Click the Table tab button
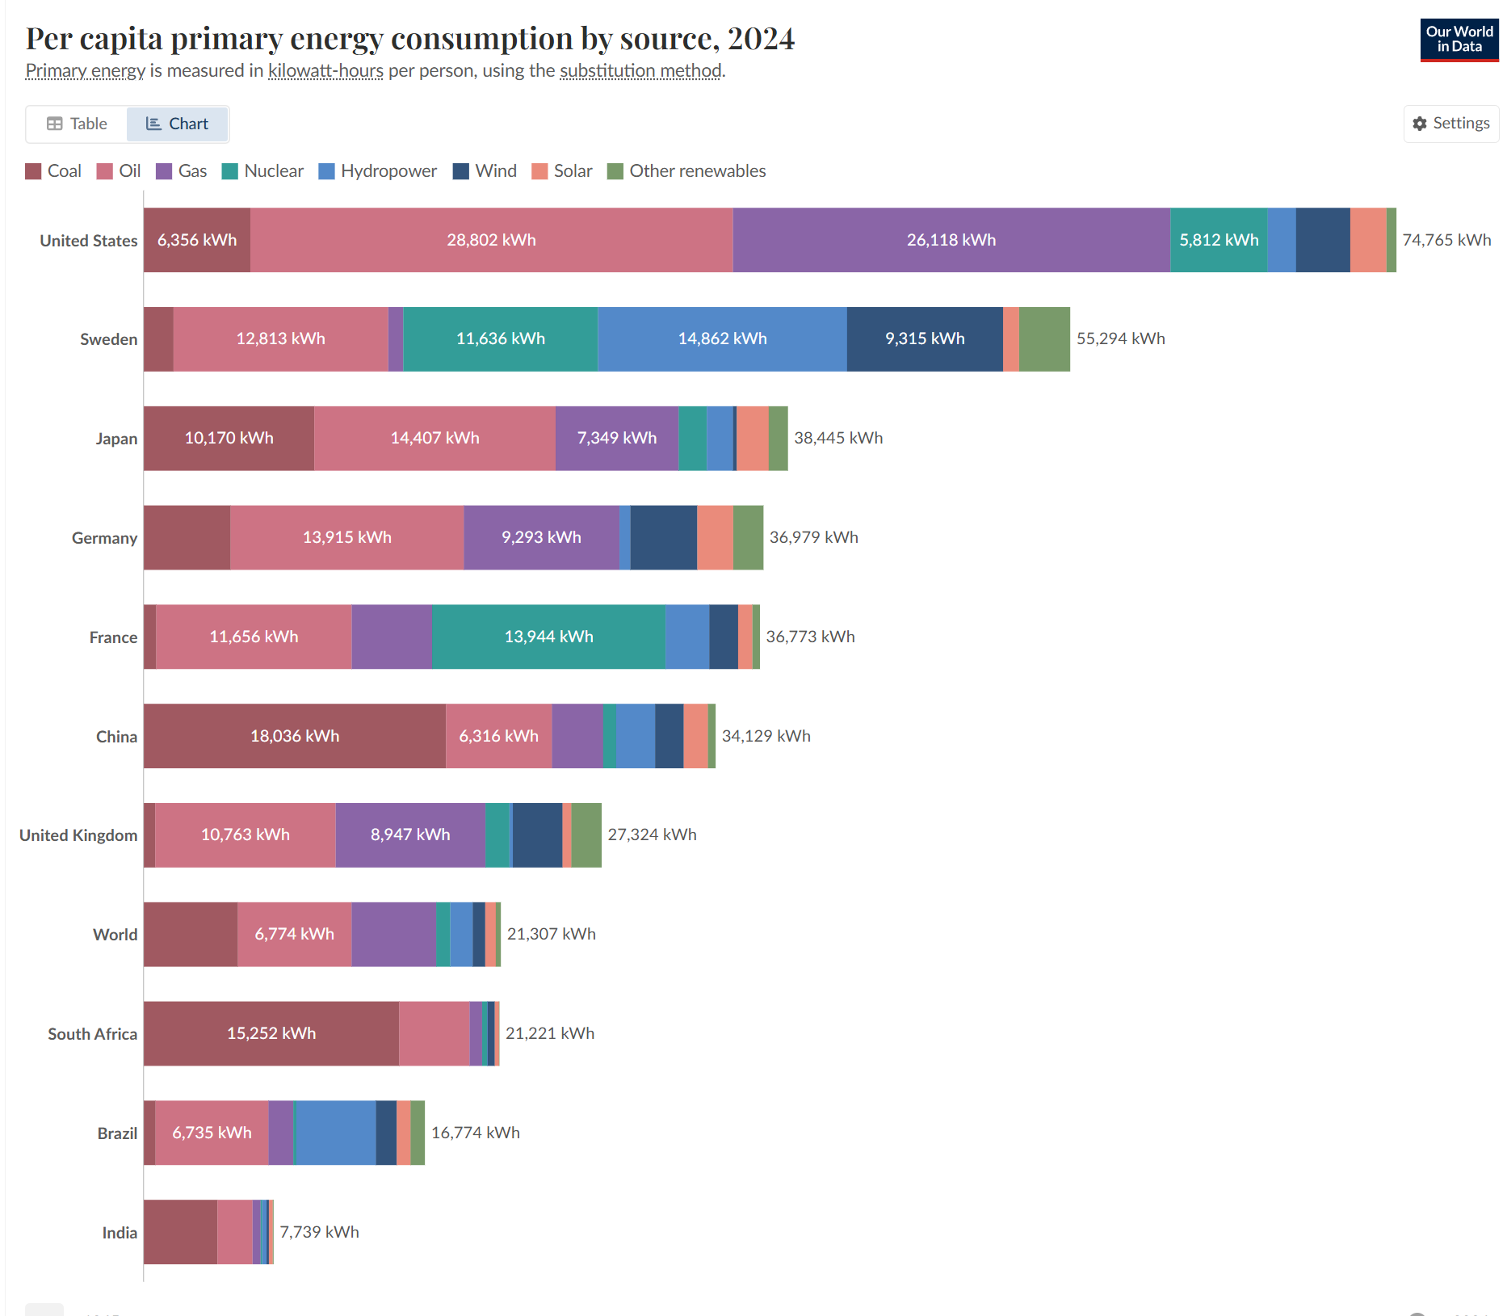click(x=78, y=124)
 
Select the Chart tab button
click(x=178, y=124)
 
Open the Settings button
click(x=1451, y=124)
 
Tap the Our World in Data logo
click(x=1459, y=40)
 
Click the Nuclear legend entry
click(x=262, y=171)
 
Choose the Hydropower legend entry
click(x=378, y=171)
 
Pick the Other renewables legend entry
click(x=686, y=171)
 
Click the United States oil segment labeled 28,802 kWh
click(x=491, y=240)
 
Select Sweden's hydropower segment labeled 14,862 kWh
click(x=722, y=339)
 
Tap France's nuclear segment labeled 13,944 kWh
click(x=548, y=637)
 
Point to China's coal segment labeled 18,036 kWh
click(x=294, y=736)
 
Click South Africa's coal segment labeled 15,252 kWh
click(x=271, y=1033)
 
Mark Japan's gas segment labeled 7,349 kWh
click(x=616, y=438)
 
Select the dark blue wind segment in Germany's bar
click(x=663, y=537)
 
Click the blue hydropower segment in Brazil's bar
click(x=336, y=1133)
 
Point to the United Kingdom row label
click(x=78, y=835)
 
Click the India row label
click(x=120, y=1233)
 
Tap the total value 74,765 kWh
click(x=1446, y=240)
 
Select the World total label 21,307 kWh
click(x=551, y=934)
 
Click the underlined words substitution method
click(x=640, y=71)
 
